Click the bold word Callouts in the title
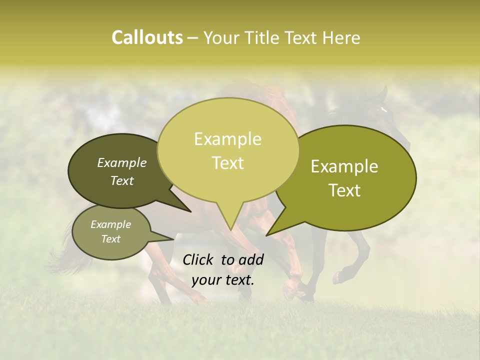click(147, 37)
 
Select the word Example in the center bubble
click(227, 139)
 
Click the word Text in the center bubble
click(227, 163)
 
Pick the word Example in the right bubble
click(344, 166)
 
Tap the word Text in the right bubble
click(344, 190)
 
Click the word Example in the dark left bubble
click(121, 162)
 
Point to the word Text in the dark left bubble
click(121, 180)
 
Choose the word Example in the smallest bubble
click(110, 224)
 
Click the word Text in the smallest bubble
click(110, 239)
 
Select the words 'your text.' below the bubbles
click(222, 280)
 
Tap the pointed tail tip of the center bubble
click(230, 229)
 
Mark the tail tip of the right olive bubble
click(267, 235)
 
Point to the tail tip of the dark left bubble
click(190, 211)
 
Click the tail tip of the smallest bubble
click(173, 239)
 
